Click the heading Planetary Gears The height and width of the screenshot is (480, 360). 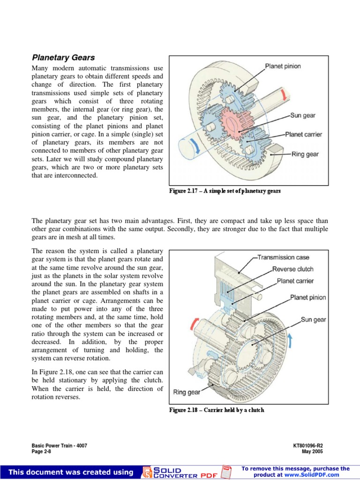tap(63, 58)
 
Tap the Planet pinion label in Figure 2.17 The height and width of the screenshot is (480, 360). tap(283, 67)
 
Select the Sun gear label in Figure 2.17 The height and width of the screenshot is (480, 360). tap(303, 115)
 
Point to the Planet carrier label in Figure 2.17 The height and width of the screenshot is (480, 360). tap(304, 135)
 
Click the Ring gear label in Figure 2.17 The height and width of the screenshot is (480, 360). tap(305, 154)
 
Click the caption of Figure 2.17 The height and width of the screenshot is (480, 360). tap(225, 191)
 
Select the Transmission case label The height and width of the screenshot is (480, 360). tap(284, 257)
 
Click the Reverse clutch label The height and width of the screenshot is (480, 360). tap(292, 269)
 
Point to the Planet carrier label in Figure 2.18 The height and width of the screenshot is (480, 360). tap(295, 281)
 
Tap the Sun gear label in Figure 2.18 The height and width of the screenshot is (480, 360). tap(313, 320)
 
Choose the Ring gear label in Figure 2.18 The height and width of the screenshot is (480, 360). tap(187, 392)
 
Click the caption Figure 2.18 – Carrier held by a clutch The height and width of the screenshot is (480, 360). tap(217, 410)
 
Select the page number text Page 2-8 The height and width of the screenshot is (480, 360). tap(41, 451)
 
